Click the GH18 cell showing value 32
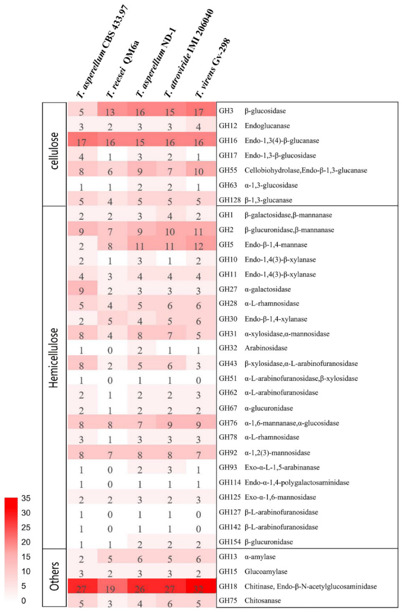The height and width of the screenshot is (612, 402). [198, 589]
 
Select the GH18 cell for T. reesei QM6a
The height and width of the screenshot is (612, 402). [110, 589]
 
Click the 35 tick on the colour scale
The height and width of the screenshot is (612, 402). [26, 498]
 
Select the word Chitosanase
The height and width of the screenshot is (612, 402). [262, 601]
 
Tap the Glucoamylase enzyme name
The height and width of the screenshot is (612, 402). [266, 571]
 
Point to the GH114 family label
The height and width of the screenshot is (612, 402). [229, 482]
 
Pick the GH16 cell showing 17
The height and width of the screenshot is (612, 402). [81, 142]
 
